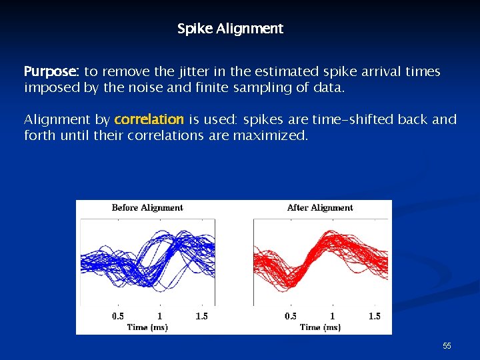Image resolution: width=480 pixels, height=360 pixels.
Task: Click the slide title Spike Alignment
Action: (x=230, y=29)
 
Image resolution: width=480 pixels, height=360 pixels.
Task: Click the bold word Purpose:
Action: (x=52, y=71)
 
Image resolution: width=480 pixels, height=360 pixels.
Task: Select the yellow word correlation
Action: (x=149, y=120)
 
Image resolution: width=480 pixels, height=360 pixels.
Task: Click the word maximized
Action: (x=271, y=136)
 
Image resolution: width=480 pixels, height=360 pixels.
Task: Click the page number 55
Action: (x=447, y=346)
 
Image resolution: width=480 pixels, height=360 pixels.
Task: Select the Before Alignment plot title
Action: (x=147, y=208)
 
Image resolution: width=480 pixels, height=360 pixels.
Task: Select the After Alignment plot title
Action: (x=320, y=208)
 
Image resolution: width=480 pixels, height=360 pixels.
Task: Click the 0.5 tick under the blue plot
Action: (x=118, y=316)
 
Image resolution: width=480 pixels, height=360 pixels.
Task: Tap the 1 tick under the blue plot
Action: (x=159, y=316)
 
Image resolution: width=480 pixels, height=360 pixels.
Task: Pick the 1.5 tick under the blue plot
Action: (x=201, y=316)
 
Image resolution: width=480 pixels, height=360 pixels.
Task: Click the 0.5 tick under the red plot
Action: (x=291, y=316)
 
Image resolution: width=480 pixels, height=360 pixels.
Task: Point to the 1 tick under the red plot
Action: (x=332, y=316)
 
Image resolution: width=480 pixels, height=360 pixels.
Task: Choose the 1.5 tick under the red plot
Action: (x=375, y=316)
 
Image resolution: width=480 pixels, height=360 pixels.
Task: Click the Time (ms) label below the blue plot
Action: (x=147, y=327)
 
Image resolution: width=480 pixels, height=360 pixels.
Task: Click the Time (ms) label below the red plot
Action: (x=320, y=327)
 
